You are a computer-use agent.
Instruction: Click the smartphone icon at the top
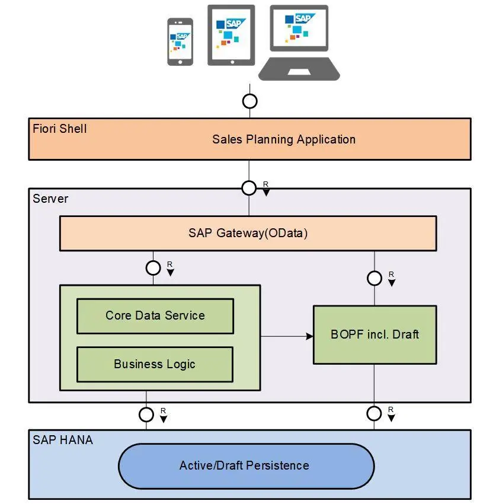tap(180, 42)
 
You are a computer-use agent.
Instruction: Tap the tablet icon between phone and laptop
tap(231, 35)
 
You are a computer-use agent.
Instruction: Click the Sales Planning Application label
tap(284, 139)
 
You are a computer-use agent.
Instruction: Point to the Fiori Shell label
tap(60, 128)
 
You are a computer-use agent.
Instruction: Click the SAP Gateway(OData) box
tap(248, 233)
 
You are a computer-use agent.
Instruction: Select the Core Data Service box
tap(155, 315)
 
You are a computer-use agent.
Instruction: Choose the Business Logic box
tap(155, 364)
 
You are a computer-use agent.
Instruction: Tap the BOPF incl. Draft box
tap(375, 334)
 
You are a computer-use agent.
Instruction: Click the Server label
tap(50, 199)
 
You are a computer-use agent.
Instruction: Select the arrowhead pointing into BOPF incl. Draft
tap(309, 336)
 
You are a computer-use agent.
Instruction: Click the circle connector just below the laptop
tap(249, 101)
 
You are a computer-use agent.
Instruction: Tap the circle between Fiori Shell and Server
tap(249, 188)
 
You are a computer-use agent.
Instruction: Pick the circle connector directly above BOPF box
tap(374, 278)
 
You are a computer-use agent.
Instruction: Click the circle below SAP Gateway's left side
tap(153, 267)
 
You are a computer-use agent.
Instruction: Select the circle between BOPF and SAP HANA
tap(374, 413)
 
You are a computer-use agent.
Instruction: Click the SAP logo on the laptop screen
tap(303, 18)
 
